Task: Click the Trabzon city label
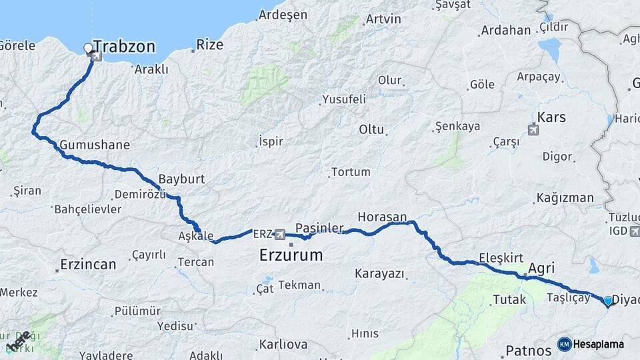(x=124, y=47)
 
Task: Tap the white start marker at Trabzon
(x=88, y=48)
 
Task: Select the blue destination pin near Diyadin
(x=608, y=301)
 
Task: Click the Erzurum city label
(x=291, y=255)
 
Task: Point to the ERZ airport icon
(x=279, y=235)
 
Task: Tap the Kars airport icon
(x=533, y=129)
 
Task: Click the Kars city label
(x=551, y=117)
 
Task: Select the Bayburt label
(x=181, y=179)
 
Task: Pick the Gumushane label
(x=95, y=145)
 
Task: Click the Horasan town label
(x=382, y=217)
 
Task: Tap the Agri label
(x=541, y=268)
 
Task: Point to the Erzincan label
(x=88, y=264)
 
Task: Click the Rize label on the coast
(x=209, y=45)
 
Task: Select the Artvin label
(x=383, y=19)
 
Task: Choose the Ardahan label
(x=506, y=31)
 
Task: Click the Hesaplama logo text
(x=599, y=344)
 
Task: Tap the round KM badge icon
(x=564, y=344)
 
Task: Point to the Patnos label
(x=528, y=350)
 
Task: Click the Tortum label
(x=351, y=172)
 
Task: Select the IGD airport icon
(x=633, y=231)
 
